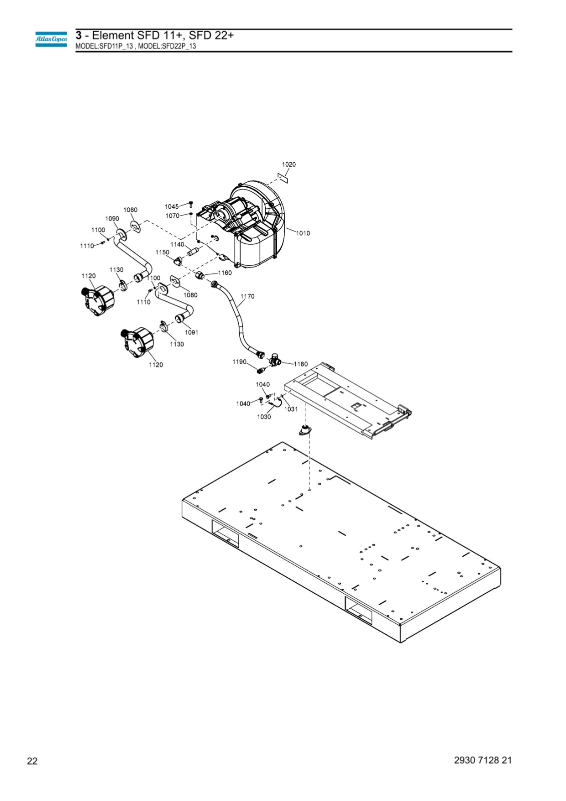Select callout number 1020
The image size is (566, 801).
point(289,165)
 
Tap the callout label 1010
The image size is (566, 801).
point(303,233)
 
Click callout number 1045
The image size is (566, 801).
point(172,207)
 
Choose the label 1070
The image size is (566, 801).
point(172,216)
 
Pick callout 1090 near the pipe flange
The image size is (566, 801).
point(112,218)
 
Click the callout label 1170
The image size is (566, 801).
point(247,296)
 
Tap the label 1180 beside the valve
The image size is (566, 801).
point(301,364)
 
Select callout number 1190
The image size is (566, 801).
point(239,362)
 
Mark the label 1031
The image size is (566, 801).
point(291,409)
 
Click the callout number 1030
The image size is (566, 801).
point(264,417)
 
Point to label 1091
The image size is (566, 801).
point(191,332)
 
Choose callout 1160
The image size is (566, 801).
point(225,273)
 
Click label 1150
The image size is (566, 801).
point(162,252)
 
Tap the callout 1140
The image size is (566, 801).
point(177,245)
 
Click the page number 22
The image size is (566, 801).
point(32,761)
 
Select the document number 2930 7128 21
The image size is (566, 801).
point(483,760)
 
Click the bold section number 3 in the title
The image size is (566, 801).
point(79,36)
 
